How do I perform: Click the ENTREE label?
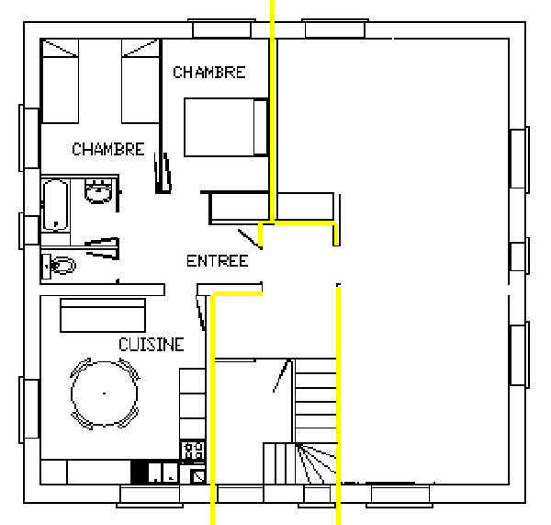pyautogui.click(x=217, y=261)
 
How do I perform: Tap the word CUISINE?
pyautogui.click(x=152, y=345)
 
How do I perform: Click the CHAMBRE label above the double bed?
pyautogui.click(x=209, y=72)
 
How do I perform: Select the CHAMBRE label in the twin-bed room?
pyautogui.click(x=108, y=149)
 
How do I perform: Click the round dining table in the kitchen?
pyautogui.click(x=105, y=394)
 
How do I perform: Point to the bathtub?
pyautogui.click(x=55, y=205)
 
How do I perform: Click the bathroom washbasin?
pyautogui.click(x=99, y=191)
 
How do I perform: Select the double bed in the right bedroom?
pyautogui.click(x=226, y=128)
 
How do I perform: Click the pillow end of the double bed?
pyautogui.click(x=261, y=128)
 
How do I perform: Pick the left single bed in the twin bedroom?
pyautogui.click(x=60, y=81)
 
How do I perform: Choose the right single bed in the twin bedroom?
pyautogui.click(x=141, y=81)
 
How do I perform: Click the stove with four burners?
pyautogui.click(x=193, y=451)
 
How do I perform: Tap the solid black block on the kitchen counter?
pyautogui.click(x=140, y=472)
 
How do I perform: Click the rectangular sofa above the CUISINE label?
pyautogui.click(x=103, y=315)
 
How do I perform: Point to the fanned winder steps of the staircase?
pyautogui.click(x=316, y=463)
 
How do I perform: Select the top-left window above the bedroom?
pyautogui.click(x=221, y=29)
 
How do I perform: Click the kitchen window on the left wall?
pyautogui.click(x=29, y=409)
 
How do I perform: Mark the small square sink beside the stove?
pyautogui.click(x=197, y=476)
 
